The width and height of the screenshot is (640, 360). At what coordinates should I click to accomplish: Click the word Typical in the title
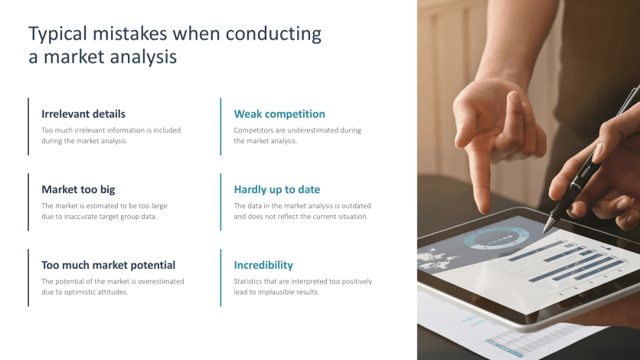click(57, 34)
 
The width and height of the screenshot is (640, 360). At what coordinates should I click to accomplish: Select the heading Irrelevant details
click(83, 114)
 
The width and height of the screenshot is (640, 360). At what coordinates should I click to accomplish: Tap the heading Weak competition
click(279, 114)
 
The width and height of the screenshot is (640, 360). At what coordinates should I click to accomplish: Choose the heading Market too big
click(78, 189)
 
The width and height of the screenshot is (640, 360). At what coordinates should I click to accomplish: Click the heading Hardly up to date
click(276, 189)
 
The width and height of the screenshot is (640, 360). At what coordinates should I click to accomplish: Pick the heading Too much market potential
click(108, 265)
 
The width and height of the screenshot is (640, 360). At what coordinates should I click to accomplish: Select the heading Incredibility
click(263, 265)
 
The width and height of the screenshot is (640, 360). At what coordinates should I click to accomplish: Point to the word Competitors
click(251, 130)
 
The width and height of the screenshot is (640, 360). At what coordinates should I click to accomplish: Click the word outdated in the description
click(358, 206)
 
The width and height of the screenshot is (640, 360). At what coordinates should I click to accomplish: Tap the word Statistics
click(248, 281)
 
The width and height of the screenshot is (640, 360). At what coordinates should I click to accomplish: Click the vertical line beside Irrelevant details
click(28, 126)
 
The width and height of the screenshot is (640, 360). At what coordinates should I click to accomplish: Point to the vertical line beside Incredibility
click(220, 277)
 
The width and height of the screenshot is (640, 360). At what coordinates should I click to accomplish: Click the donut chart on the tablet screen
click(496, 238)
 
